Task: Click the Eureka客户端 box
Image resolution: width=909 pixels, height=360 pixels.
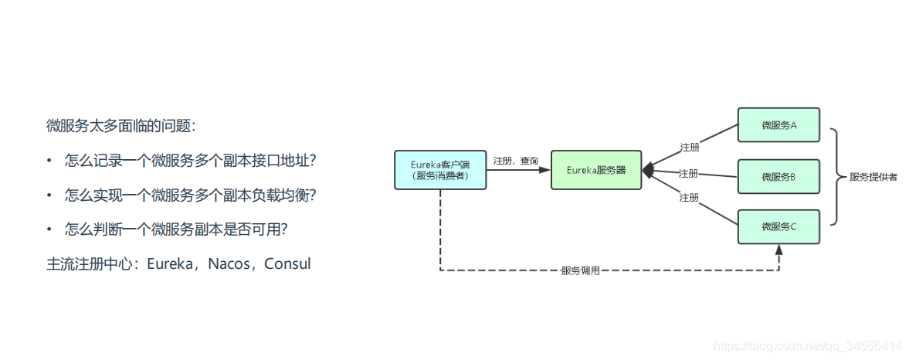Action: (440, 170)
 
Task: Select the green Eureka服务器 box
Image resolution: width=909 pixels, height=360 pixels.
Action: (595, 170)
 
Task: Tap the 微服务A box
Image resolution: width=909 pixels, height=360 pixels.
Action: (778, 125)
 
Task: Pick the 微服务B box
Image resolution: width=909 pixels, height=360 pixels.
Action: (778, 176)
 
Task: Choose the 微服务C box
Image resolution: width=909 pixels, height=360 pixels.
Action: (778, 226)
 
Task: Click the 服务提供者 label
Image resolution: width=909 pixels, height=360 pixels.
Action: (873, 177)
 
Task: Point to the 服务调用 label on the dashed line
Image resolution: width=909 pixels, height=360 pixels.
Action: (580, 271)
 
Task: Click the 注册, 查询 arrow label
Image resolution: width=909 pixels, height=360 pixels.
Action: (516, 161)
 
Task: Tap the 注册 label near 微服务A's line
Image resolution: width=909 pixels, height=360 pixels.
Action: (689, 147)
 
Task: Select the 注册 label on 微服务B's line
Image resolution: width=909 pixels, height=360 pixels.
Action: (689, 172)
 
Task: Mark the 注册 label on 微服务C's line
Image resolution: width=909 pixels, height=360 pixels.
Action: (689, 198)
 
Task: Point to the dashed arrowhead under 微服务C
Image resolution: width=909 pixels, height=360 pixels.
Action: (778, 250)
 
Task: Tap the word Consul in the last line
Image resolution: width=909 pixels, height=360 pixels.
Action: (287, 264)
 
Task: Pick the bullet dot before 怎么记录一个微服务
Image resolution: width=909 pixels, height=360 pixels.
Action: (50, 161)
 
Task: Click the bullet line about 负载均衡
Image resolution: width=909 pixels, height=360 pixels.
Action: (190, 195)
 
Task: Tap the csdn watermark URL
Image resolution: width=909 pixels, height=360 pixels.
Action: (809, 345)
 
